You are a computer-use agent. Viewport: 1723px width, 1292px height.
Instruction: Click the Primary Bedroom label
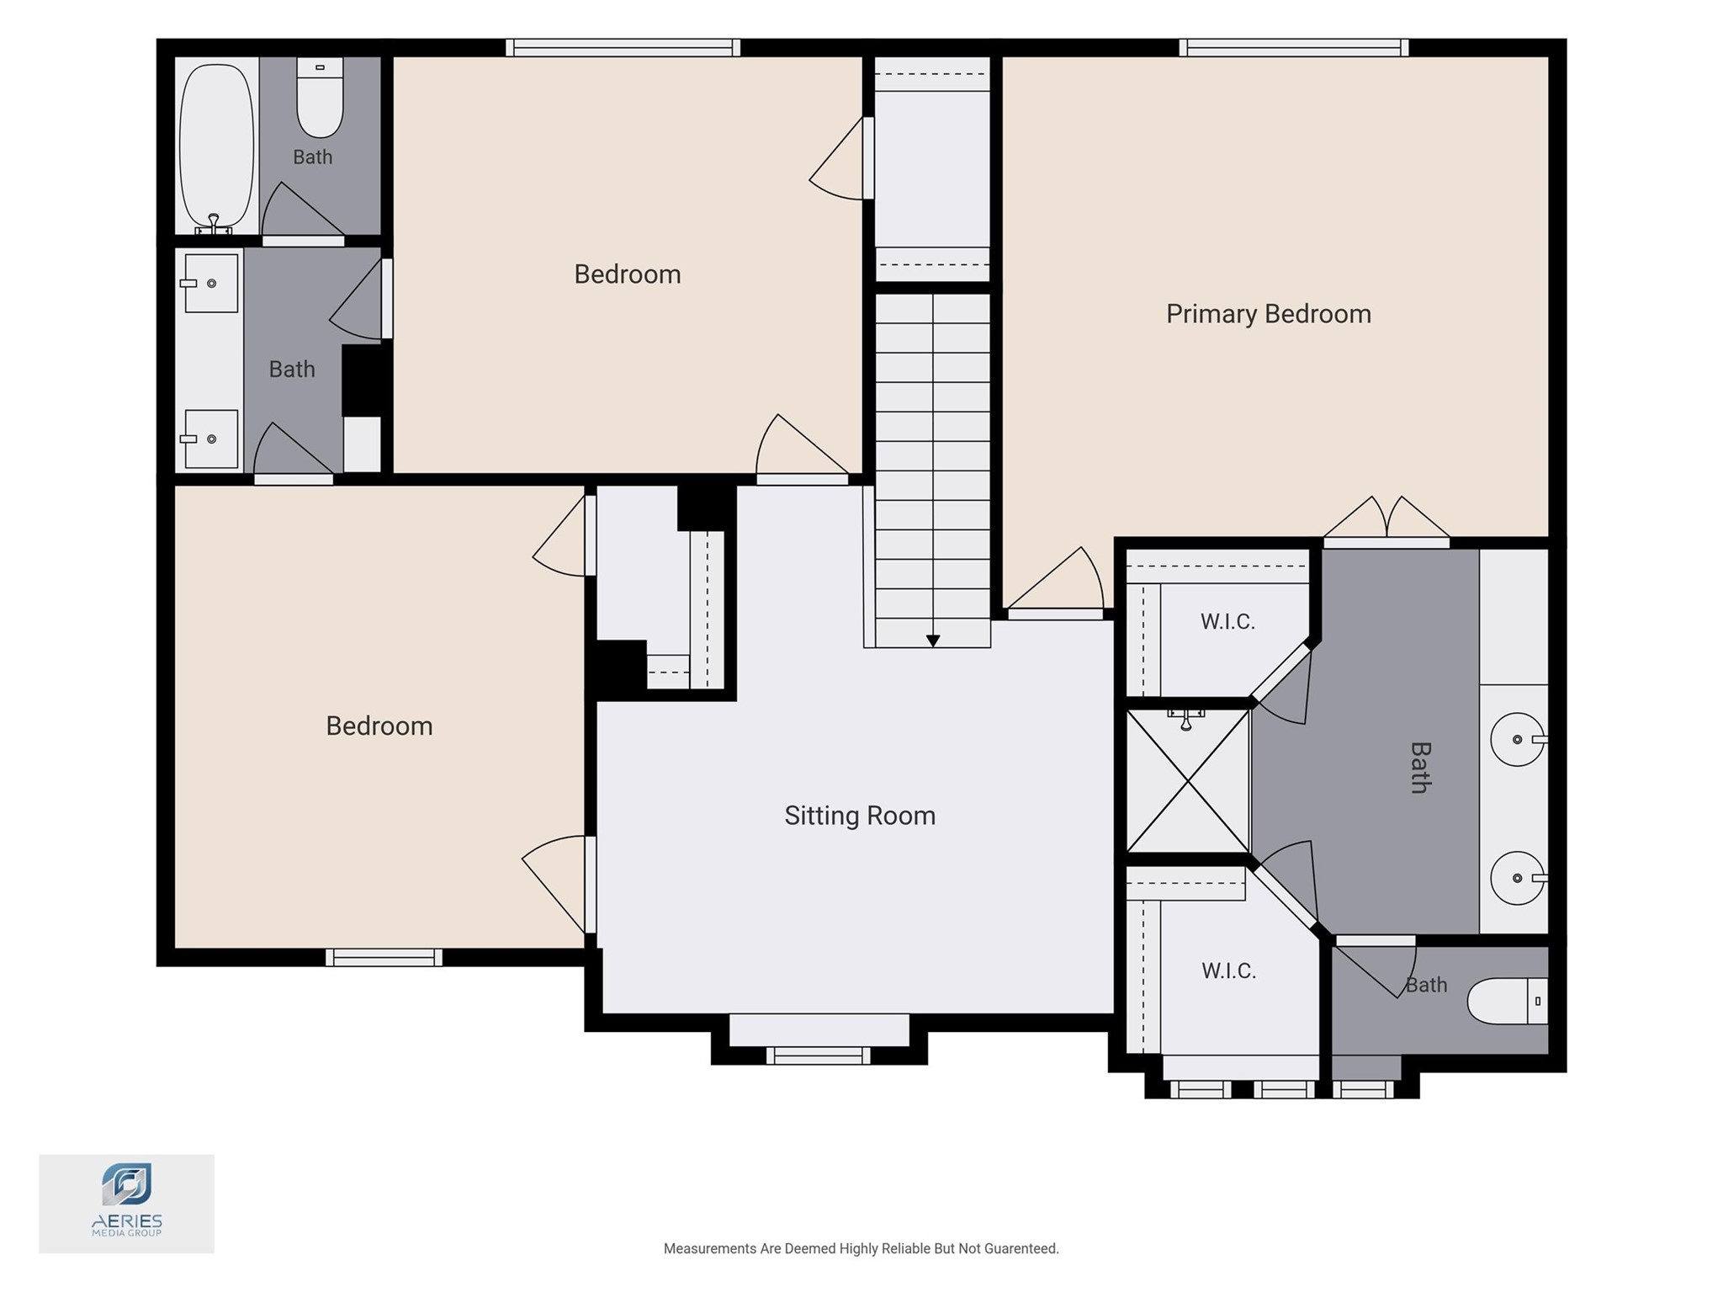pos(1268,314)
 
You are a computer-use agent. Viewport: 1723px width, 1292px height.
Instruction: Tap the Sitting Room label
pos(860,816)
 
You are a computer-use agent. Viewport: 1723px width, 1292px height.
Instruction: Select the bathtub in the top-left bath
pos(216,146)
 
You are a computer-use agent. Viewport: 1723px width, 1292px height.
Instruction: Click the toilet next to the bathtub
pos(320,97)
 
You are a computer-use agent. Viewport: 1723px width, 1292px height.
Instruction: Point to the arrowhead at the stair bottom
pos(933,641)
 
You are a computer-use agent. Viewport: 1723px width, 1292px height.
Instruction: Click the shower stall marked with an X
pos(1187,780)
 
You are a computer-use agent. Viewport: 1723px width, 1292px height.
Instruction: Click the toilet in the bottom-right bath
pos(1508,1001)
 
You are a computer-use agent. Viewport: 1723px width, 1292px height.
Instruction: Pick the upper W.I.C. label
pos(1227,622)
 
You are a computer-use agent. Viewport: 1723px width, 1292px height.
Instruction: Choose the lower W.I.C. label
pos(1228,971)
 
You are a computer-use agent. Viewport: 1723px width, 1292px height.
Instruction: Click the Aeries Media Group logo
pos(126,1203)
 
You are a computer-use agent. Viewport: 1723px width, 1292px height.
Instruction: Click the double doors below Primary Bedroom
pos(1386,519)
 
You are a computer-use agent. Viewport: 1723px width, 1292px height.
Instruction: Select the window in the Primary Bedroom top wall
pos(1294,47)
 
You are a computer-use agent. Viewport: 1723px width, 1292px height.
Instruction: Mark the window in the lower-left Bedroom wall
pos(384,957)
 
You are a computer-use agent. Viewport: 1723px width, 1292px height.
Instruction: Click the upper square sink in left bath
pos(209,284)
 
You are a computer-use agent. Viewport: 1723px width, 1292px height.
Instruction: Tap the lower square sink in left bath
pos(209,439)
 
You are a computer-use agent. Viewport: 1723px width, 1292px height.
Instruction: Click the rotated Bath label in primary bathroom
pos(1420,768)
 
